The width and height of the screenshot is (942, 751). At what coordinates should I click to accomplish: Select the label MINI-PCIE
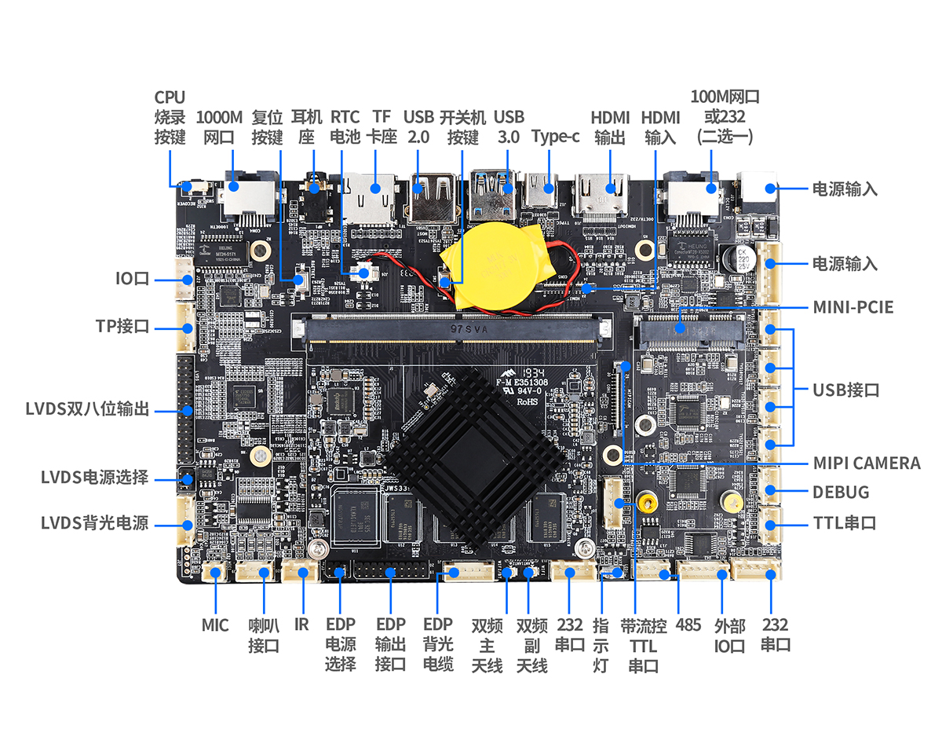click(x=853, y=306)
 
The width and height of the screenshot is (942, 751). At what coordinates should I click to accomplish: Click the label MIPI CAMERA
click(x=867, y=463)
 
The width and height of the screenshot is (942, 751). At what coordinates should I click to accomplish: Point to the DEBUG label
click(x=841, y=493)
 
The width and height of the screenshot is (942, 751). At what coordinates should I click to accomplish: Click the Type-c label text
click(x=555, y=136)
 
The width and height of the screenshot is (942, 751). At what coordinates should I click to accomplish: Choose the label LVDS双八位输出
click(x=87, y=409)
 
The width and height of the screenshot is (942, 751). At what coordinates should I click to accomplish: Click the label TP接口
click(x=122, y=326)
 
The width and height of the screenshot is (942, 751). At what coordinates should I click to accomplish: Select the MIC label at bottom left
click(x=215, y=625)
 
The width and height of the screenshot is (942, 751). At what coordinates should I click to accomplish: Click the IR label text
click(x=301, y=625)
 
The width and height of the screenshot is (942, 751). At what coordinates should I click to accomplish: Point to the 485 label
click(x=688, y=625)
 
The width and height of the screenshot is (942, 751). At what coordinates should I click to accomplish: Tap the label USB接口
click(x=845, y=390)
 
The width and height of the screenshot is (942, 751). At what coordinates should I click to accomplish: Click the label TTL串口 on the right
click(x=844, y=523)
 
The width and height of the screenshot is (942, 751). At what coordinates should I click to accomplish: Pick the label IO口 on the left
click(x=132, y=279)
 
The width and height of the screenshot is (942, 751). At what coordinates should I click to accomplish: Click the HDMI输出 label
click(x=610, y=126)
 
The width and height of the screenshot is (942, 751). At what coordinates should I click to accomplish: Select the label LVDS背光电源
click(x=94, y=522)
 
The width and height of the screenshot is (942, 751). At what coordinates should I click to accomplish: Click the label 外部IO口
click(x=729, y=636)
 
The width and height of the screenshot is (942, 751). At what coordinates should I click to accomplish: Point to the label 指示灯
click(x=601, y=645)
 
